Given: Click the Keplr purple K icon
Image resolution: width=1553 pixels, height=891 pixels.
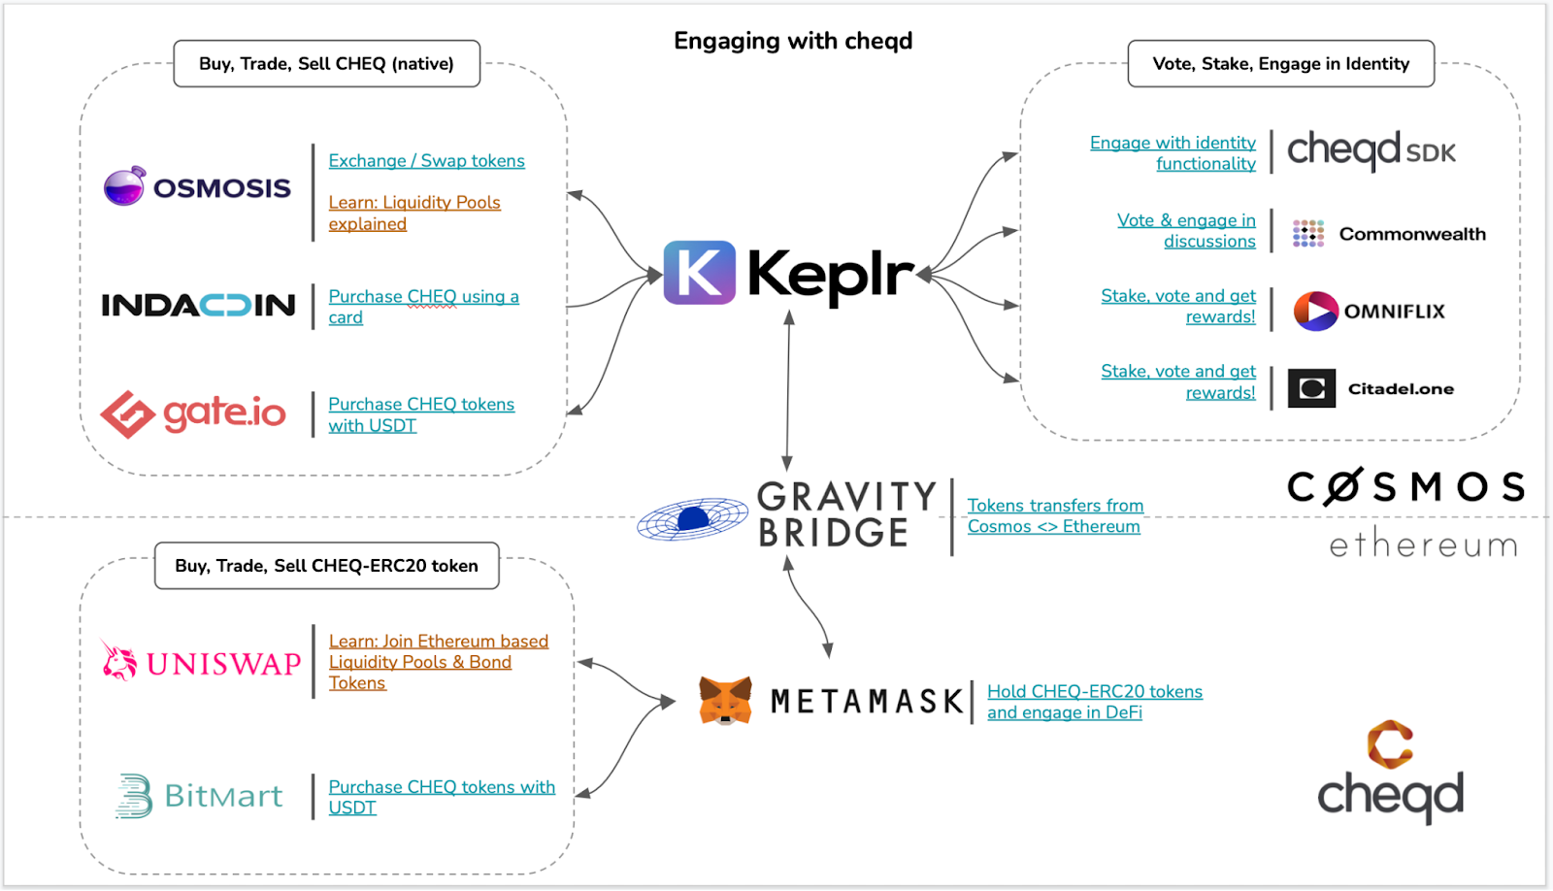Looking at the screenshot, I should pyautogui.click(x=699, y=273).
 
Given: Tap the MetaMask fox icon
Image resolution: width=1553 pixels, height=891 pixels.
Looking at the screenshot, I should pyautogui.click(x=725, y=701).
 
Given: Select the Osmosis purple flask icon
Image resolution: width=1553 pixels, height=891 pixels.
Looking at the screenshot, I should pyautogui.click(x=124, y=185).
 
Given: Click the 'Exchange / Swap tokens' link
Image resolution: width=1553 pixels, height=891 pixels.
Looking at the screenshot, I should pyautogui.click(x=426, y=161).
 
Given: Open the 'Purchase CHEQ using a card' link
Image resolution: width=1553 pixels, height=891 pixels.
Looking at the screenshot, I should pyautogui.click(x=423, y=297).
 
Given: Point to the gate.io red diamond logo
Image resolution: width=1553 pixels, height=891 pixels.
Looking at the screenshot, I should pyautogui.click(x=128, y=414).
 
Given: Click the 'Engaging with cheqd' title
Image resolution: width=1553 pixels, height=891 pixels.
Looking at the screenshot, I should pyautogui.click(x=793, y=41).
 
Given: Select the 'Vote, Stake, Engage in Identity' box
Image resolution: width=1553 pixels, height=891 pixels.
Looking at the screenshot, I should pyautogui.click(x=1280, y=64).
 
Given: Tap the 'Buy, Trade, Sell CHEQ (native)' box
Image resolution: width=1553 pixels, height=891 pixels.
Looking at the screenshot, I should pyautogui.click(x=326, y=64).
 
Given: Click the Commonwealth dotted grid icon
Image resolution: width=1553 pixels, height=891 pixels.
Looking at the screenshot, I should pyautogui.click(x=1307, y=233).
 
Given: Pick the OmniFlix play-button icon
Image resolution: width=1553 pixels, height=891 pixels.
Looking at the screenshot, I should pyautogui.click(x=1316, y=311).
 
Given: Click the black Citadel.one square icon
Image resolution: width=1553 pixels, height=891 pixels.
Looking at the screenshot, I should pyautogui.click(x=1311, y=388).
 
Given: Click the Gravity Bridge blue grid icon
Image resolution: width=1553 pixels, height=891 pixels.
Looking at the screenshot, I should pyautogui.click(x=692, y=519).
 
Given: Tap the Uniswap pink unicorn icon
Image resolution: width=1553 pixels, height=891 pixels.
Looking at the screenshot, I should pyautogui.click(x=119, y=660).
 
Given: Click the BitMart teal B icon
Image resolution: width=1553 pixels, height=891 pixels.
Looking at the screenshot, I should pyautogui.click(x=134, y=796).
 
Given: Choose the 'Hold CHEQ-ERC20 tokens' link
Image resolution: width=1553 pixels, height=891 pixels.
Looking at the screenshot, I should pyautogui.click(x=1095, y=692).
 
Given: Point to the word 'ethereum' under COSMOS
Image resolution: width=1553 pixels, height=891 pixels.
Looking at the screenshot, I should pyautogui.click(x=1423, y=545).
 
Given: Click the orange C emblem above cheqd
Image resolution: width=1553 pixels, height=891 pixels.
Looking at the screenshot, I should pyautogui.click(x=1390, y=744).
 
